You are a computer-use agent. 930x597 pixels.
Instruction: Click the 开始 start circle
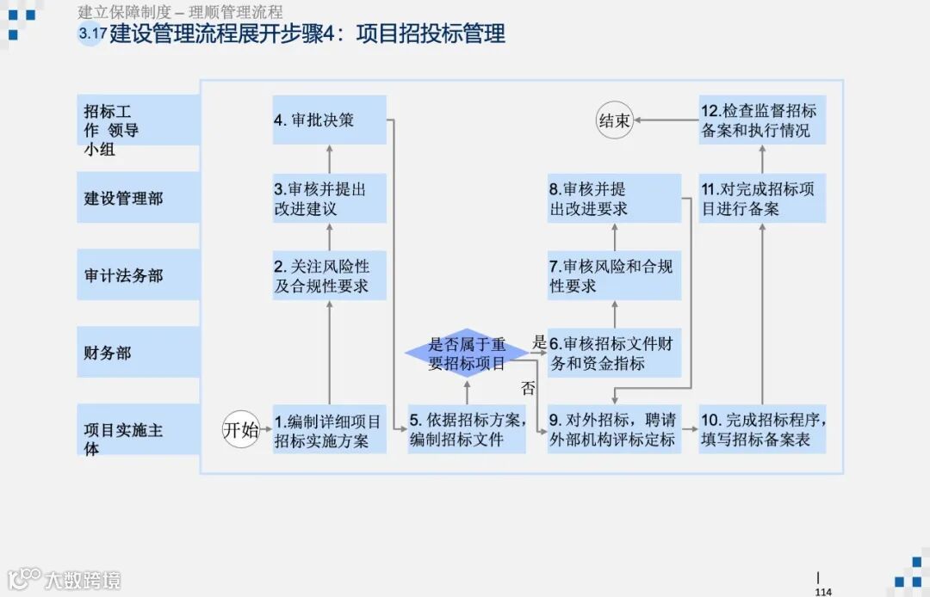tap(241, 430)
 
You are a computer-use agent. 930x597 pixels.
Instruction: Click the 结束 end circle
tap(615, 120)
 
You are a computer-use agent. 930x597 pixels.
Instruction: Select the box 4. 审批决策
tap(329, 120)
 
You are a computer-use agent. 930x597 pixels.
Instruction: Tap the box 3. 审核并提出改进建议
tap(329, 199)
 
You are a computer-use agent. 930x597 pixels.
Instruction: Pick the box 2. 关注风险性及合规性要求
tap(329, 275)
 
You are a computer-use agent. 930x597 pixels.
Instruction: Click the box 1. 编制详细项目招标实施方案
tap(329, 430)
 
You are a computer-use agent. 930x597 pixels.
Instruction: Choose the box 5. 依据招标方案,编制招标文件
tap(467, 430)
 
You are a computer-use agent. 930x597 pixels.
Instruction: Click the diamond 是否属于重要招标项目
tap(467, 353)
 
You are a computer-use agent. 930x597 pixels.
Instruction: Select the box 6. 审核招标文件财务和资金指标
tap(614, 353)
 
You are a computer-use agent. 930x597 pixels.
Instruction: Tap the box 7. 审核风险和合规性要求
tap(614, 275)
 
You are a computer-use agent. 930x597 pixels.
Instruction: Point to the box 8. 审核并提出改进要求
tap(614, 199)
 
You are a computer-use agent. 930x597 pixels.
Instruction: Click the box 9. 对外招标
tap(614, 430)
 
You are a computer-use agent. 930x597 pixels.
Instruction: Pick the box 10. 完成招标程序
tap(762, 430)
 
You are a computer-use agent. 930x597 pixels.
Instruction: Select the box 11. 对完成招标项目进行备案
tap(762, 199)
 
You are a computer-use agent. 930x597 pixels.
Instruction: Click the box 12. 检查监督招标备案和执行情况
tap(762, 120)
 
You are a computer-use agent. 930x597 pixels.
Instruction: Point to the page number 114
tap(822, 592)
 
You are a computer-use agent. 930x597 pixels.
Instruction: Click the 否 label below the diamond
tap(528, 388)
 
